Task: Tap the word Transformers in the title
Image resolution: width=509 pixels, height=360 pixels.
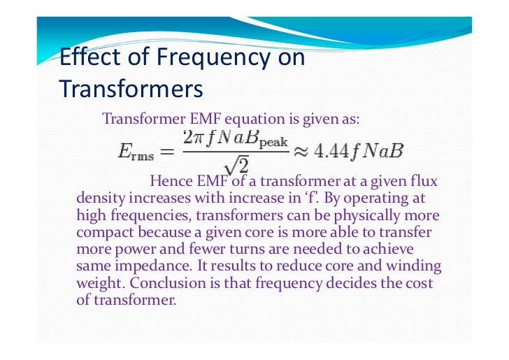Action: point(131,89)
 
